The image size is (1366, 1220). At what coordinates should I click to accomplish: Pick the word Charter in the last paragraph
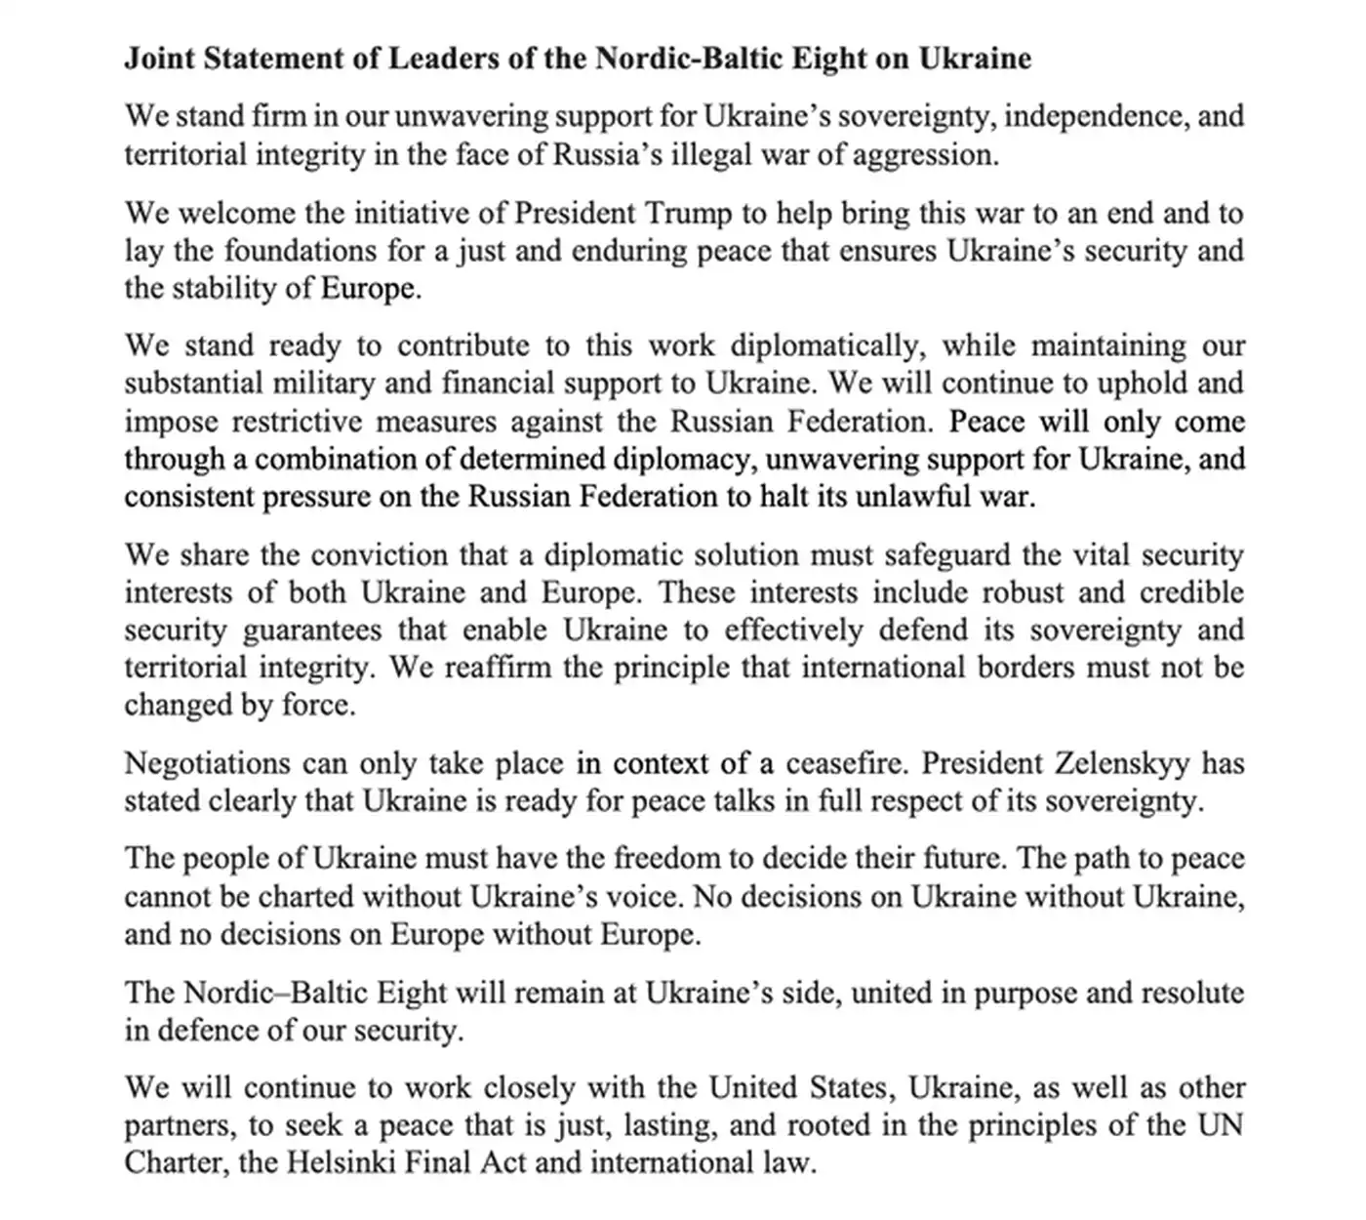click(161, 1162)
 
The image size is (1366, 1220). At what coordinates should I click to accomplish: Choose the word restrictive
click(297, 422)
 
